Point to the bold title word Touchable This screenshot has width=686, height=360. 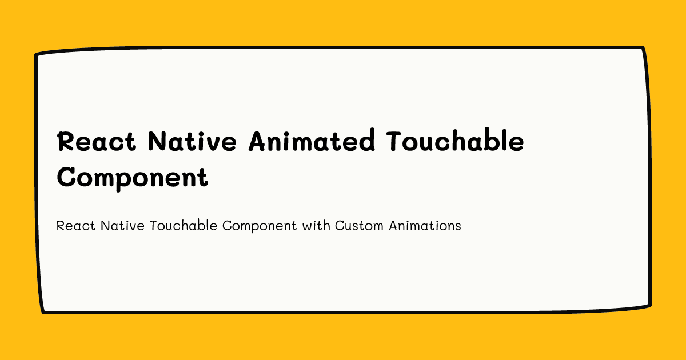click(456, 141)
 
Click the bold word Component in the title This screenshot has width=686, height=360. click(132, 178)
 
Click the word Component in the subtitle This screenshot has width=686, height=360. click(260, 226)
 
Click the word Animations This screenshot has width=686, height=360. click(425, 226)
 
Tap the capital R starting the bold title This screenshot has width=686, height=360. click(65, 141)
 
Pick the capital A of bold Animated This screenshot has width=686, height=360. click(257, 141)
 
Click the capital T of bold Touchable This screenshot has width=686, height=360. click(396, 141)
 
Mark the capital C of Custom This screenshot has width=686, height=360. click(340, 226)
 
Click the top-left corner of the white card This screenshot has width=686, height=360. click(37, 55)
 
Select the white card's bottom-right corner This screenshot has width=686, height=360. click(649, 305)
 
